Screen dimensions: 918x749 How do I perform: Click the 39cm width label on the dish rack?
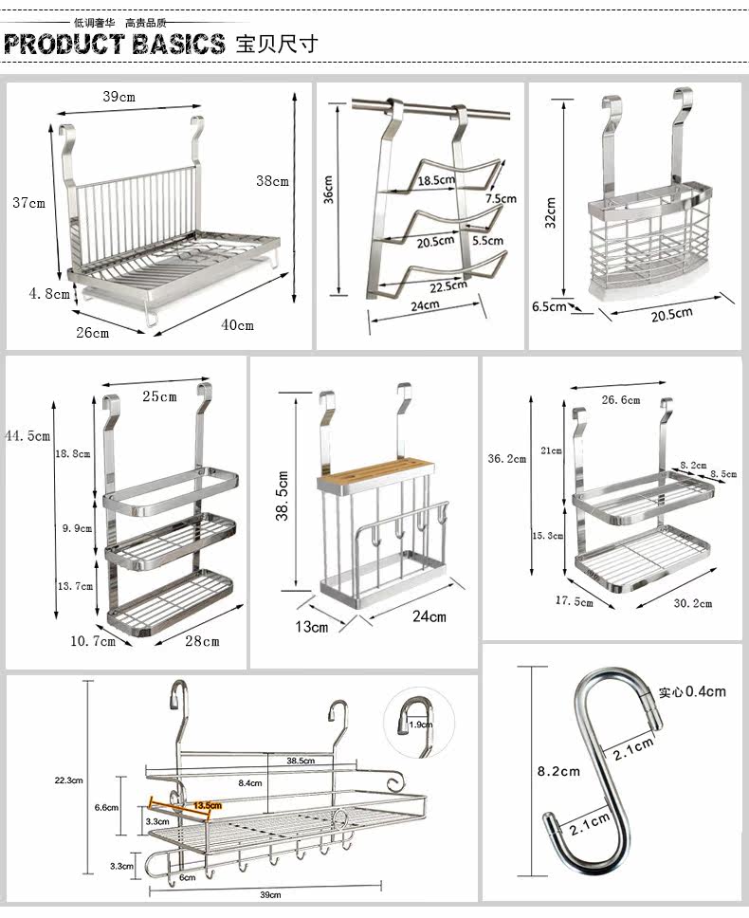click(x=119, y=96)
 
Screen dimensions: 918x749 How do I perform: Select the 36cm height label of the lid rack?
click(x=327, y=189)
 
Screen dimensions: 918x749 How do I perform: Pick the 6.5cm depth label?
click(x=549, y=306)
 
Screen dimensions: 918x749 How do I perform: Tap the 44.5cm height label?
click(x=27, y=435)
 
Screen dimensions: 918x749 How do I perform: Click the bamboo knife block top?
click(x=376, y=469)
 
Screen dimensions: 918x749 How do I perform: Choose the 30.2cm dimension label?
click(x=691, y=603)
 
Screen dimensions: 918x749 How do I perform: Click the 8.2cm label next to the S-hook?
click(x=558, y=771)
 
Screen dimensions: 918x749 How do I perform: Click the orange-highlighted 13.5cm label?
click(x=207, y=806)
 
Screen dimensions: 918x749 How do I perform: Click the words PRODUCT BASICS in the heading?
click(x=115, y=44)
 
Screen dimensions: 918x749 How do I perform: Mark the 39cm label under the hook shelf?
click(x=270, y=894)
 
